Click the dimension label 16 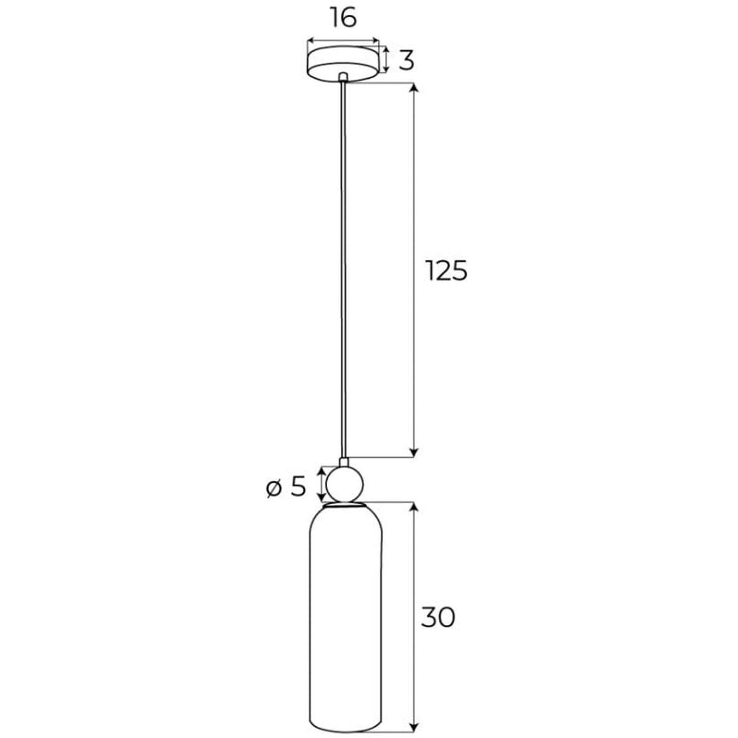(344, 18)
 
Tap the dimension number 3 (406, 60)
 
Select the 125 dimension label (446, 271)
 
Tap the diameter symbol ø (274, 489)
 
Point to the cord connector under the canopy (344, 77)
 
